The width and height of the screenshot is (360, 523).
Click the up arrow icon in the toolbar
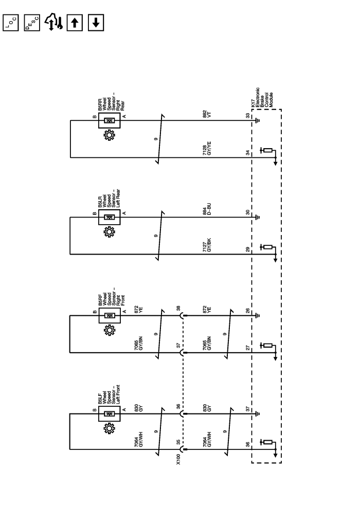click(75, 22)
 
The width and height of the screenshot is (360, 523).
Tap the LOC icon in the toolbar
click(10, 22)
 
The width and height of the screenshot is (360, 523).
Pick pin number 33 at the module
click(247, 116)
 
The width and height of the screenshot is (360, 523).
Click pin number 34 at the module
click(247, 153)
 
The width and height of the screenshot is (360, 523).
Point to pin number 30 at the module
click(247, 212)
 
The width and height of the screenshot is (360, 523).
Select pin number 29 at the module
click(247, 249)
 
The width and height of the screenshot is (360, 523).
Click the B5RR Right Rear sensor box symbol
click(109, 121)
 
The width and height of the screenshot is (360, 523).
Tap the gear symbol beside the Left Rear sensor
click(109, 232)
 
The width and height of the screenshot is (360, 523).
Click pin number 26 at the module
click(247, 310)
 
